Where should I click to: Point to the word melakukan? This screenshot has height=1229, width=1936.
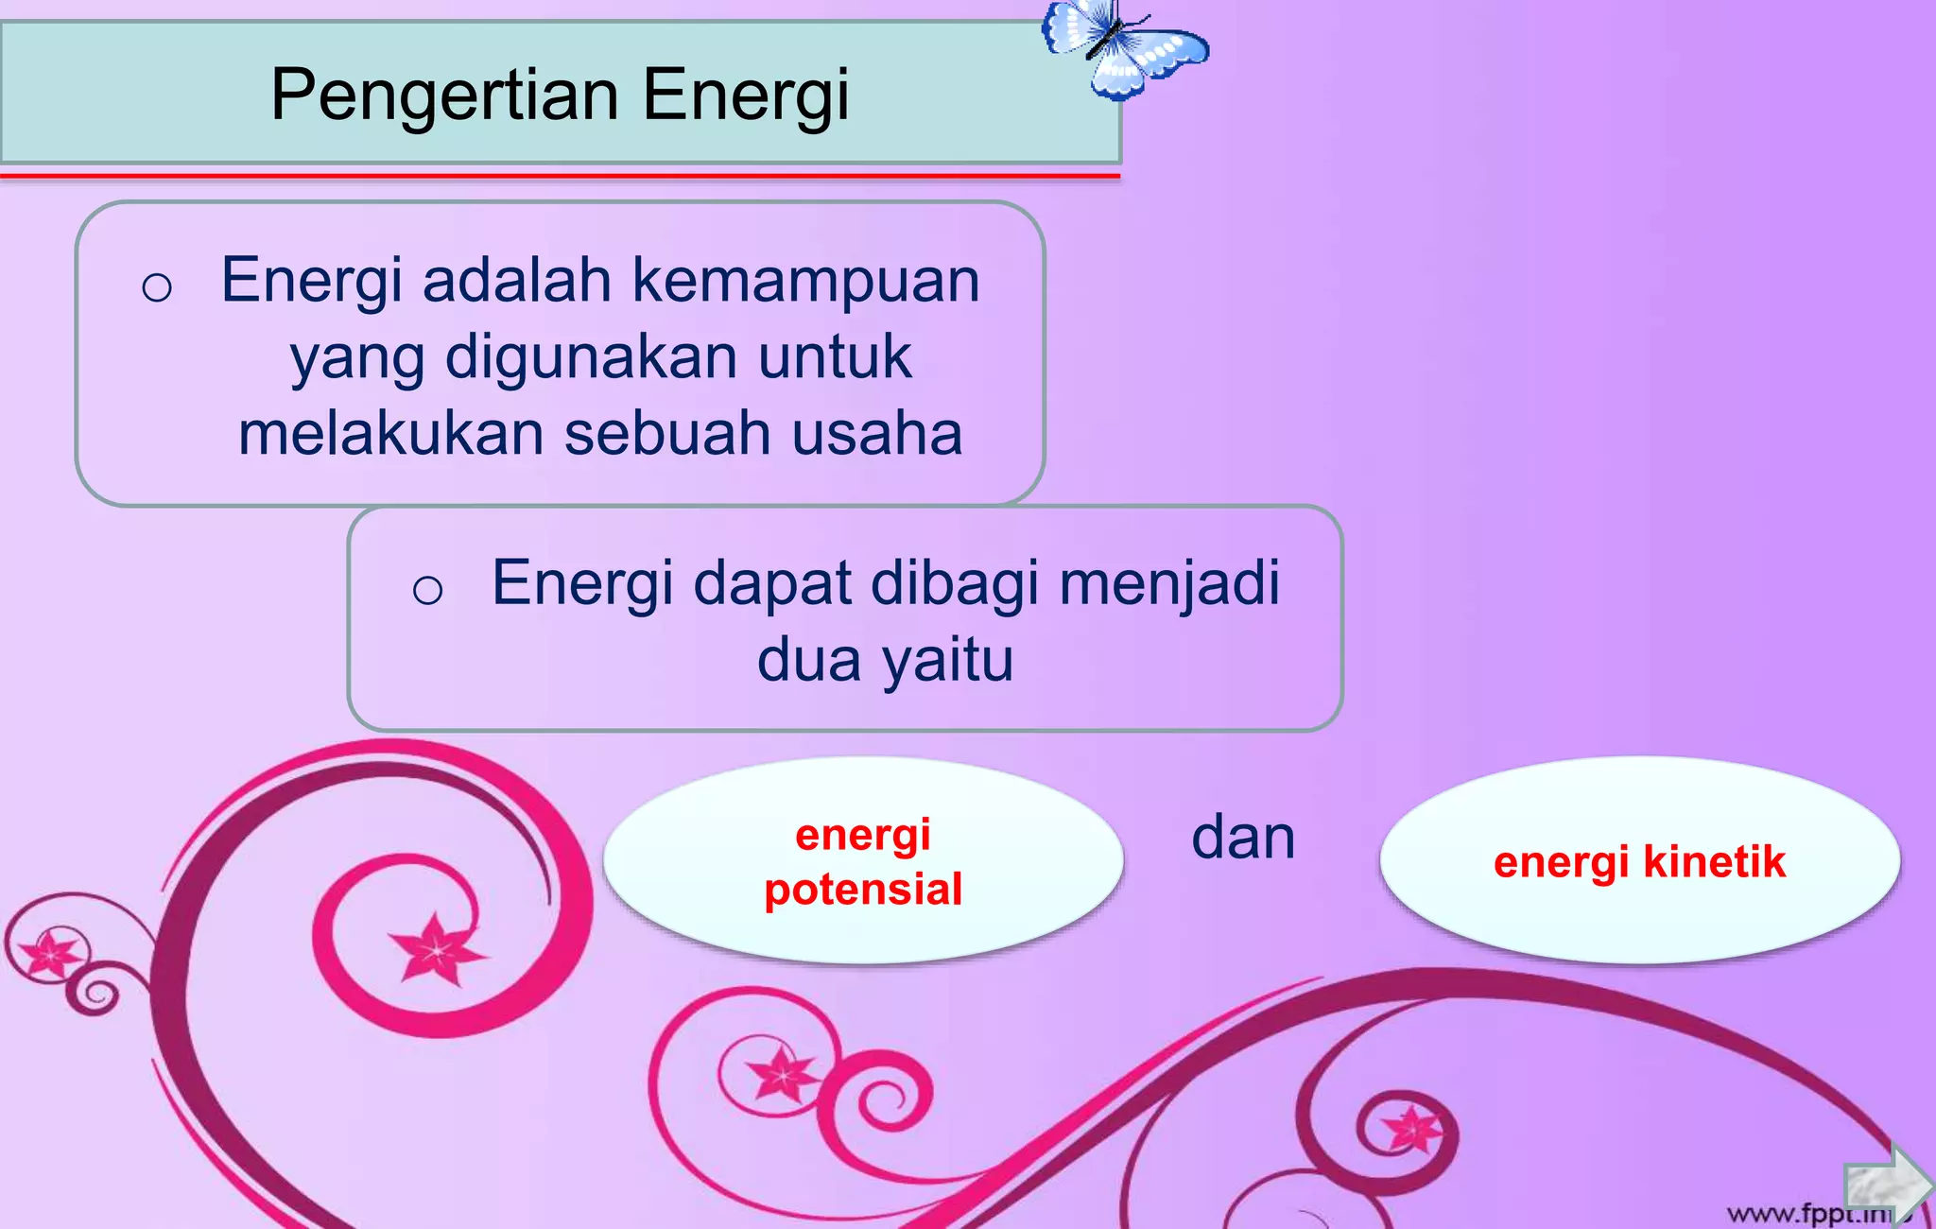[391, 433]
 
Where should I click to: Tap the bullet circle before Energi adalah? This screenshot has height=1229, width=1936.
[157, 286]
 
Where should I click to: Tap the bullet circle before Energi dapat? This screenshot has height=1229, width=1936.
[427, 591]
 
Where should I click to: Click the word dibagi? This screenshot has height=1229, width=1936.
[955, 583]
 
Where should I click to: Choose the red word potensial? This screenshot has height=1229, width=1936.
[863, 890]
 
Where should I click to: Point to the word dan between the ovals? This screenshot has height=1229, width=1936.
[1242, 839]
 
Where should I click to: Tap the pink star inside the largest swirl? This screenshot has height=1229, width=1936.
[437, 948]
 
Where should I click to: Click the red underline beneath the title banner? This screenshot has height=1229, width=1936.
[560, 176]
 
